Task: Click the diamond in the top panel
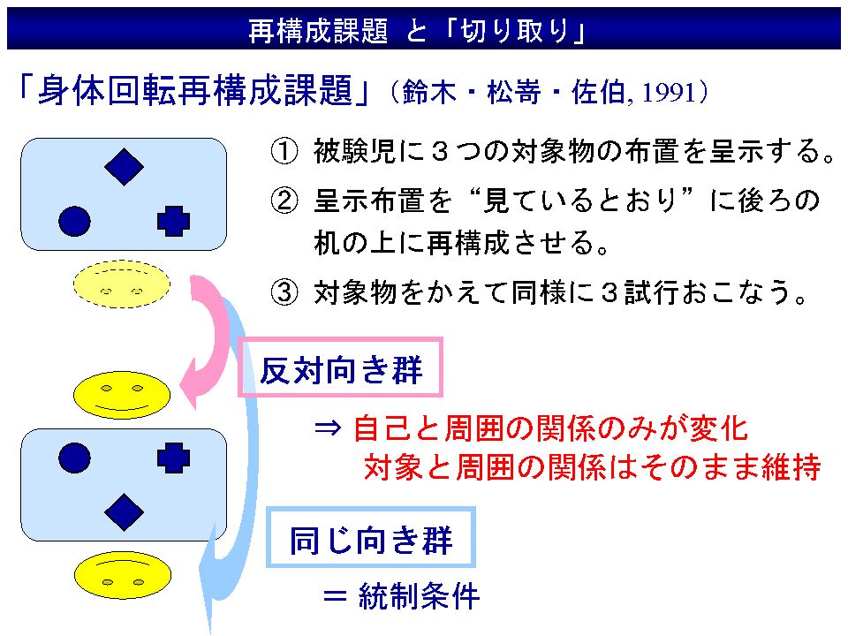coord(124,167)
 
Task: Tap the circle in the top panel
coord(74,221)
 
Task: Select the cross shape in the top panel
coord(174,221)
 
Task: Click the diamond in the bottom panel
coord(124,511)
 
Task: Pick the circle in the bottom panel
coord(74,458)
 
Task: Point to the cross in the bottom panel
coord(174,458)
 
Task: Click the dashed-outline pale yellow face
coord(122,284)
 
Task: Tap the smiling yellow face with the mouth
coord(122,395)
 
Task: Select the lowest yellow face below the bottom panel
coord(123,575)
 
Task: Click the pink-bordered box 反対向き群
coord(341,367)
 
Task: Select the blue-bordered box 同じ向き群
coord(371,537)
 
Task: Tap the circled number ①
coord(284,151)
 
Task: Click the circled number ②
coord(284,201)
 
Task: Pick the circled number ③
coord(284,292)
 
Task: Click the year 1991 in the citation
coord(669,93)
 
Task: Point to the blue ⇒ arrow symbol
coord(328,428)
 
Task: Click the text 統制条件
coord(419,596)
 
